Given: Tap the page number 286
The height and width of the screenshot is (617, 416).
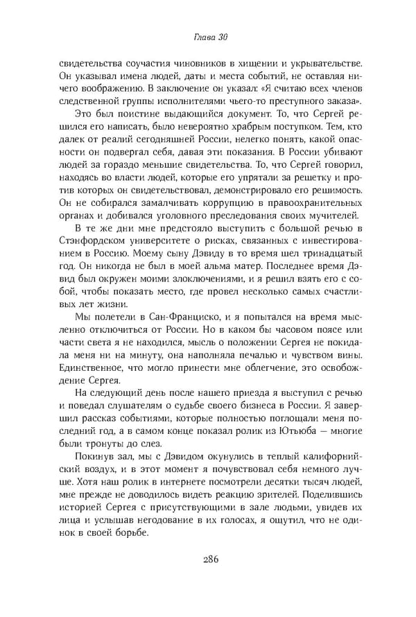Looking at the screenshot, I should point(208,561).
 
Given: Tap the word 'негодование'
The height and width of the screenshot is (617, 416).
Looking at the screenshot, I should point(173,517).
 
